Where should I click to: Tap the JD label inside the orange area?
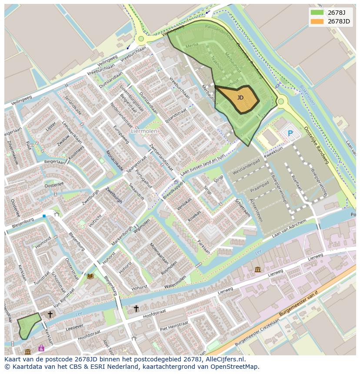(240, 98)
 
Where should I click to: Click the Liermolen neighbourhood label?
(144, 130)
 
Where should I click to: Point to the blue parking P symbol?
(290, 133)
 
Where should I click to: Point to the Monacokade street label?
(115, 160)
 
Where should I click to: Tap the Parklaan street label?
(204, 246)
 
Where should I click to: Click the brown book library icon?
(90, 276)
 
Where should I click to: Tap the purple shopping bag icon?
(41, 348)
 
